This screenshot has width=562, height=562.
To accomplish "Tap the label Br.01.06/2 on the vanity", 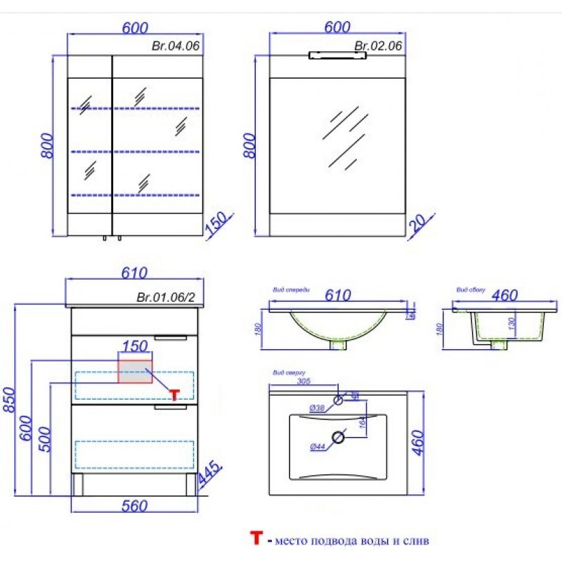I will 166,297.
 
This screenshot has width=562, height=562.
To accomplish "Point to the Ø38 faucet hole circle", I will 338,400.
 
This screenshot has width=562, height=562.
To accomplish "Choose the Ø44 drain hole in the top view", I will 338,438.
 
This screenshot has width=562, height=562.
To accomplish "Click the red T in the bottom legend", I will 257,539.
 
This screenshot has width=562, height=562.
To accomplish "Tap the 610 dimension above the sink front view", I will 336,296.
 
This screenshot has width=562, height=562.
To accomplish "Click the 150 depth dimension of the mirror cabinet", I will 216,226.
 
